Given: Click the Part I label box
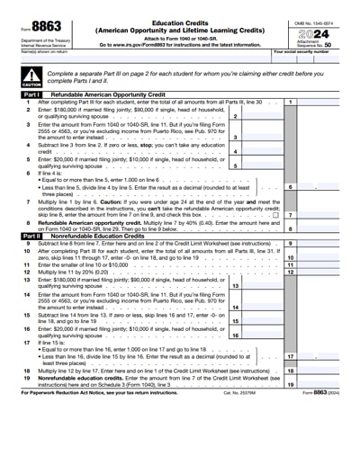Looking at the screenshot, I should [31, 93].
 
